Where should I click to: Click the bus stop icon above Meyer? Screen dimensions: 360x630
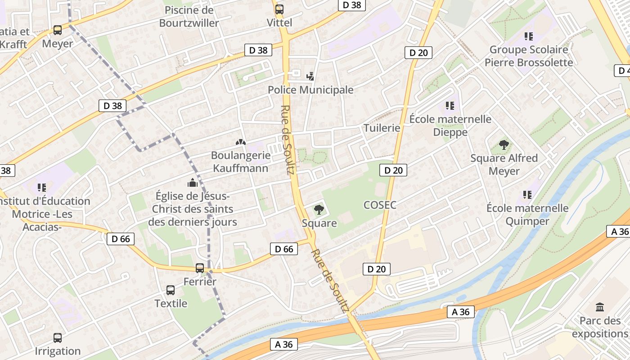tap(58, 30)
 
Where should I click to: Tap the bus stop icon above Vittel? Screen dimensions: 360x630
tap(279, 9)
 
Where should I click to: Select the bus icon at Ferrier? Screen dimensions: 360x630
tap(200, 268)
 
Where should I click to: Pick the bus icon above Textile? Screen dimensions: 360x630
tap(171, 290)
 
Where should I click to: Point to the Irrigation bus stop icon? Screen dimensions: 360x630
tap(58, 338)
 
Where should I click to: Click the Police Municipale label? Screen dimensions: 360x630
tap(310, 90)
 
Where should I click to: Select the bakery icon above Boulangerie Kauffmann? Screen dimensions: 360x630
tap(241, 142)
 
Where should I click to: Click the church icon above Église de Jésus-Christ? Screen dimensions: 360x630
tap(193, 183)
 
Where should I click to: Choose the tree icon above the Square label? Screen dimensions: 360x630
tap(319, 209)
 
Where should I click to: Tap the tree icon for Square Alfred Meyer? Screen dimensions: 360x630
tap(504, 145)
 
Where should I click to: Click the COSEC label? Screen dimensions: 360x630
tap(380, 205)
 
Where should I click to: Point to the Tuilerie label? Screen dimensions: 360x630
tap(382, 128)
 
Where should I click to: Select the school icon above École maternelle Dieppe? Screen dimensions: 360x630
tap(450, 106)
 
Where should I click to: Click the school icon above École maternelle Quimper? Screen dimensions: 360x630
tap(527, 195)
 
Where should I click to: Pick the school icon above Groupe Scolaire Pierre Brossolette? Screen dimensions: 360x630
tap(529, 36)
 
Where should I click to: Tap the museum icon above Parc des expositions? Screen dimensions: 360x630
tap(600, 307)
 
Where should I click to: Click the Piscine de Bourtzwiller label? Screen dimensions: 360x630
tap(189, 16)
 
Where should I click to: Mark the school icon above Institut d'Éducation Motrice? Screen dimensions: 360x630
tap(42, 187)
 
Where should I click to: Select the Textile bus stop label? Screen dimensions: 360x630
tap(171, 303)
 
